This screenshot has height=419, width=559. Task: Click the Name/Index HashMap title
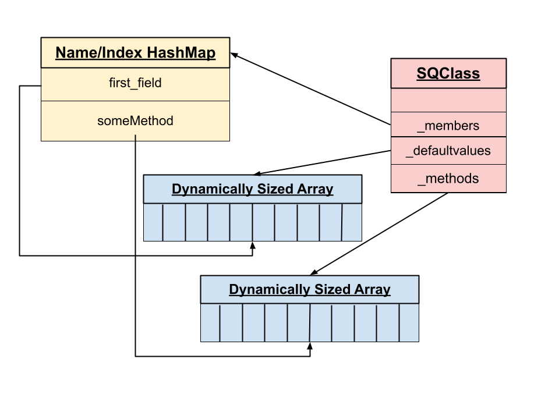[x=135, y=53]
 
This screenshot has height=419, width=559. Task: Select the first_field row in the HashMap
[x=135, y=83]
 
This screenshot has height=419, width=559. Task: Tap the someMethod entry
[x=135, y=121]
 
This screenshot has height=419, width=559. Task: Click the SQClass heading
[x=448, y=73]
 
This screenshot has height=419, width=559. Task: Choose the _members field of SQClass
[x=448, y=125]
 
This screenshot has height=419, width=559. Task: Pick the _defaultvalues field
[x=448, y=151]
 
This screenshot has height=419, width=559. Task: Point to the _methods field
[x=448, y=179]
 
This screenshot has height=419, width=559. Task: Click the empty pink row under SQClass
[x=448, y=100]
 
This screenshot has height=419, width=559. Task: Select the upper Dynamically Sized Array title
[x=252, y=189]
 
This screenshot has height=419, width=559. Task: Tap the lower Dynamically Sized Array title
[x=309, y=289]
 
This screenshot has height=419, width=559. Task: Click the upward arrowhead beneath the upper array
[x=252, y=246]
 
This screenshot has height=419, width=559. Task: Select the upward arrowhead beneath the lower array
[x=310, y=346]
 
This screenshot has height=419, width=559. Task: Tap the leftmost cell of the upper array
[x=153, y=222]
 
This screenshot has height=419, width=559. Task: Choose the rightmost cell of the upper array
[x=352, y=222]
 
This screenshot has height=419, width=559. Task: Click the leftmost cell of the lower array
[x=210, y=322]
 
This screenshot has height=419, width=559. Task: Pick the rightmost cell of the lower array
[x=409, y=322]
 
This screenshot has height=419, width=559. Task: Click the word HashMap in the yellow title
[x=181, y=53]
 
